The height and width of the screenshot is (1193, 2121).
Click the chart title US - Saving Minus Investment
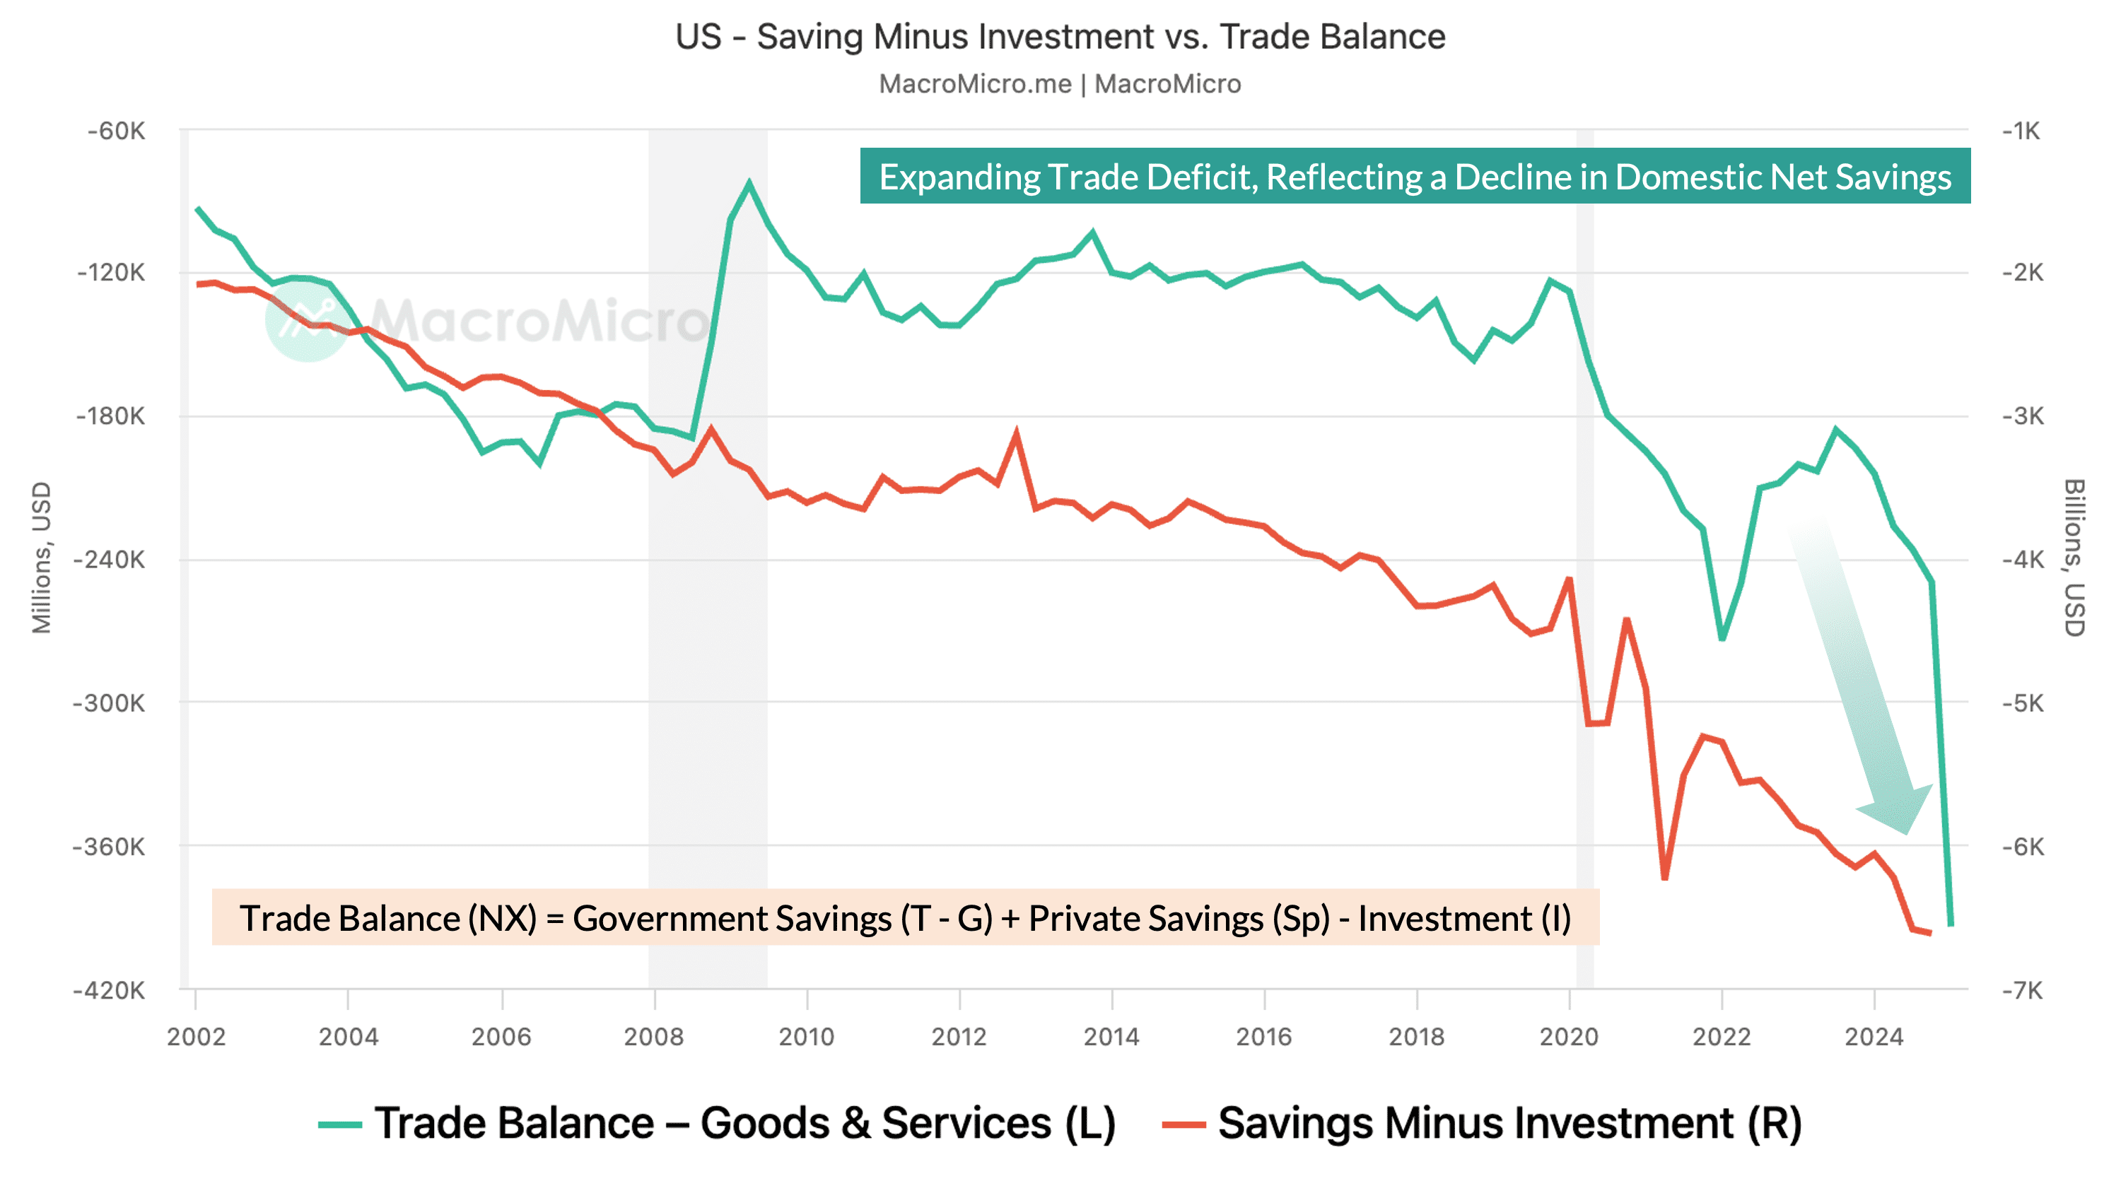pos(1060,37)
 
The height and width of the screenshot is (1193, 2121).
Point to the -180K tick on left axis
pos(111,416)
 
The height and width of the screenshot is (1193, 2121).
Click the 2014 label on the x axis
pos(1111,1037)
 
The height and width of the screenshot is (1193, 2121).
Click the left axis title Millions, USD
pos(41,558)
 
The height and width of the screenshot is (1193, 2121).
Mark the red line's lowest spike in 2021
pos(1664,878)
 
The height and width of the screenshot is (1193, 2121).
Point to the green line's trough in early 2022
pos(1722,638)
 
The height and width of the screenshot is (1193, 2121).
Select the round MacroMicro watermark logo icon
pos(306,320)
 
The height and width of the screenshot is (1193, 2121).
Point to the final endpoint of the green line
pos(1950,924)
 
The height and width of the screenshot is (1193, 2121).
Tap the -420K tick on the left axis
pos(110,990)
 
